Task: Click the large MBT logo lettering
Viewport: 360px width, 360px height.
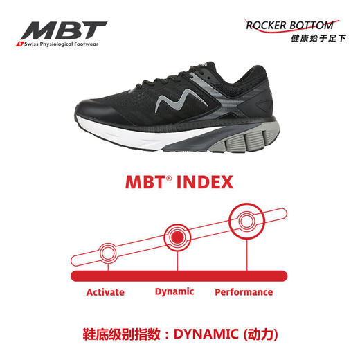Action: pos(64,30)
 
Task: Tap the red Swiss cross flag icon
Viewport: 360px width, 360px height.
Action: pos(19,44)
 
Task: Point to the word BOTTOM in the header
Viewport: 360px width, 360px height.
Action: pos(312,26)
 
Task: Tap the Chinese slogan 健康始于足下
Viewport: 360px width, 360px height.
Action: pos(318,38)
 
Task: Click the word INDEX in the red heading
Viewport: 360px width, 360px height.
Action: pos(205,182)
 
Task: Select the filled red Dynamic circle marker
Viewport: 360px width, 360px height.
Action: pos(177,237)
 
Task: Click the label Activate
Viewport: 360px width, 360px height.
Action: pos(105,292)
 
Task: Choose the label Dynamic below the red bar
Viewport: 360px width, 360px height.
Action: pos(174,292)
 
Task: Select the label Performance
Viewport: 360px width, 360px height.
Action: pos(244,292)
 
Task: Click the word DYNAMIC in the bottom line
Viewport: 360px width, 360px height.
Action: pos(206,334)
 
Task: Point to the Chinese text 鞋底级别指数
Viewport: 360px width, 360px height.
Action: pos(121,334)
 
